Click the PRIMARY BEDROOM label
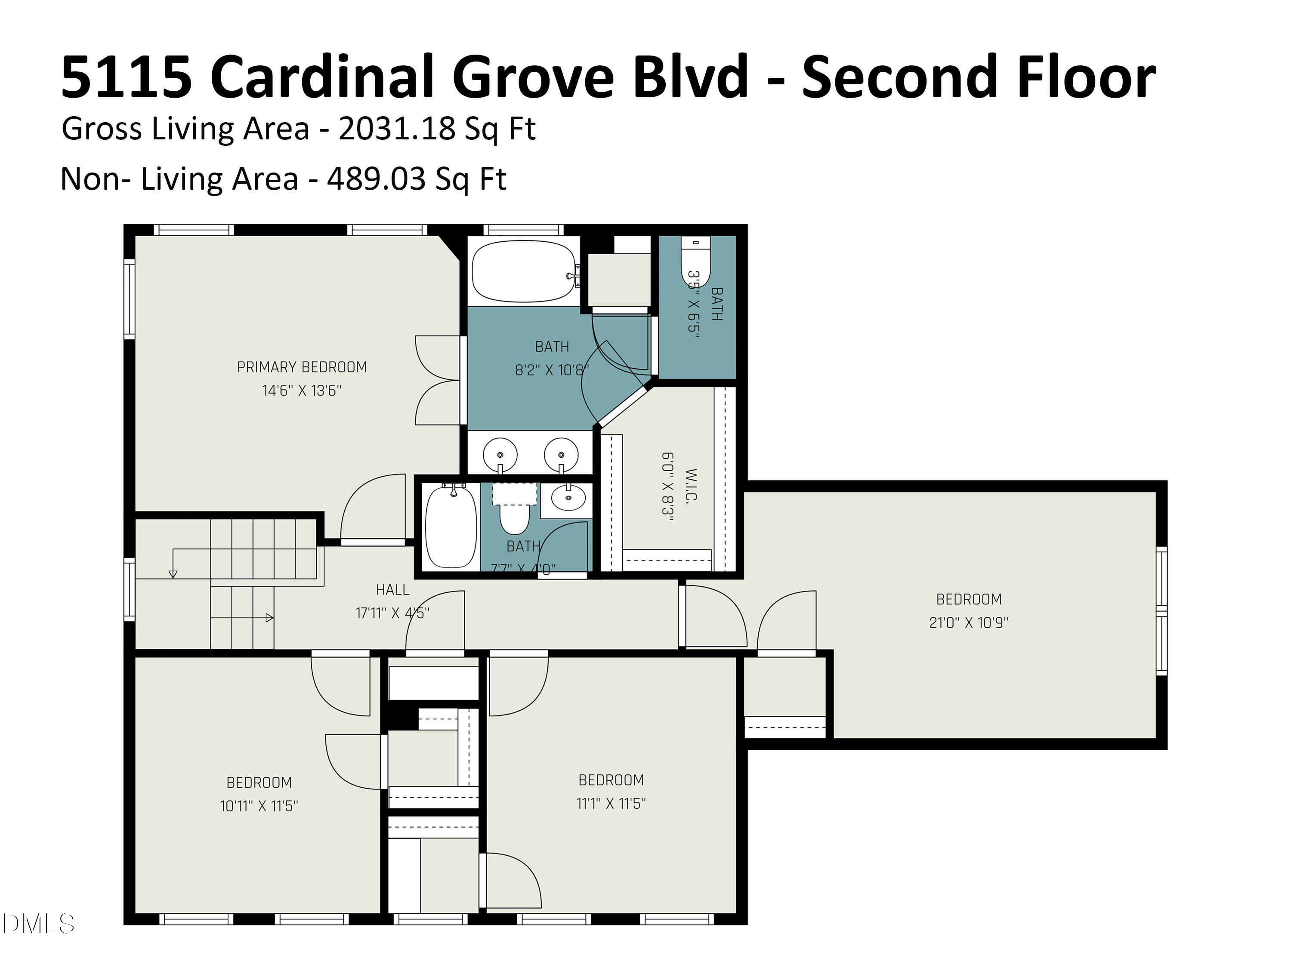(302, 367)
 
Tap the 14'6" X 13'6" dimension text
(302, 390)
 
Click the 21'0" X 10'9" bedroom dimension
(968, 623)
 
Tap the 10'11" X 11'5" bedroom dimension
(259, 806)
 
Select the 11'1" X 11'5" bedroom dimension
(611, 804)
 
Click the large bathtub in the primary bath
(524, 271)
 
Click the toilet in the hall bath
(514, 516)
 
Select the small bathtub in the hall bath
(451, 527)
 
